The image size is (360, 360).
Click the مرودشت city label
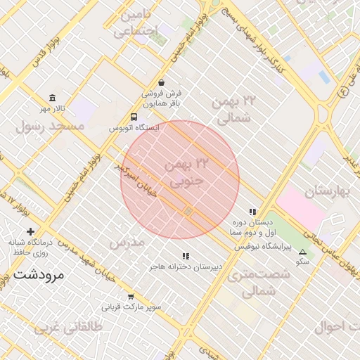point(38,274)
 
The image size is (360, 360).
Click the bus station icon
point(134,117)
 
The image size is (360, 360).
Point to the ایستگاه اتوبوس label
point(134,129)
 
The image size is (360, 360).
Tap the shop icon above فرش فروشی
point(162,82)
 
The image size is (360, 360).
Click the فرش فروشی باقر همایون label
point(162,98)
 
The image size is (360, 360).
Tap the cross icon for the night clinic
point(30,231)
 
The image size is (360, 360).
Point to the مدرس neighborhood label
point(127,242)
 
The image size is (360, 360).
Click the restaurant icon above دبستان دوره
point(252,212)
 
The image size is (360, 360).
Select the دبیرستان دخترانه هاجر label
point(186,268)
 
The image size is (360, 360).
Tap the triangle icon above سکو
point(303,252)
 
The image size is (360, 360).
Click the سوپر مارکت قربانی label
point(131,307)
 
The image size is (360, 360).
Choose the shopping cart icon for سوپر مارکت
point(130,296)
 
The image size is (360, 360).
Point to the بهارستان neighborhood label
point(328,191)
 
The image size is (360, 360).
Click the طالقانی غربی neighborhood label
point(68,327)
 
